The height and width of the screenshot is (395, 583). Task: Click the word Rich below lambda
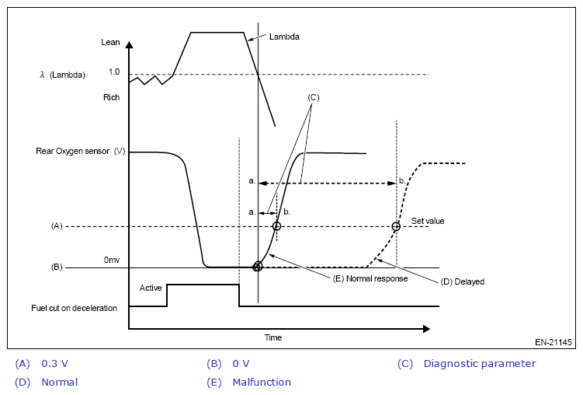(111, 98)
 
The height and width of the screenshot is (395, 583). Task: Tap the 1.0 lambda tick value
(114, 72)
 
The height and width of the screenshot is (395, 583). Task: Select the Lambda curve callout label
(284, 37)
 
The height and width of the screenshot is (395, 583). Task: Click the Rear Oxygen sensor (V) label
(81, 151)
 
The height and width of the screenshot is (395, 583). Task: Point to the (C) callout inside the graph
(313, 97)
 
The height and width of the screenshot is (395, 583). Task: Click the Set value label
(428, 221)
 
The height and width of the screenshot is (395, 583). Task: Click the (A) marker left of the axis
(56, 226)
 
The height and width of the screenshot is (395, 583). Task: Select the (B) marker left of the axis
(56, 267)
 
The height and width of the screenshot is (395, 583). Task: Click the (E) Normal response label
(370, 278)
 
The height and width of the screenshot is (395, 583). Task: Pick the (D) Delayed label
(463, 281)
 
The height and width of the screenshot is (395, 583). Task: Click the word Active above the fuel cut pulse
(151, 288)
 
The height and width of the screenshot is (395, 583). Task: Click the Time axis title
(272, 337)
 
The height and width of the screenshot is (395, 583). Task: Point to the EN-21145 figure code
(553, 341)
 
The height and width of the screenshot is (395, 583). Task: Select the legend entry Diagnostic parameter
(480, 363)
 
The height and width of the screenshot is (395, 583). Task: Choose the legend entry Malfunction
(262, 382)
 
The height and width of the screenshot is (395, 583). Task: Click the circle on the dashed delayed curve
(396, 226)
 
